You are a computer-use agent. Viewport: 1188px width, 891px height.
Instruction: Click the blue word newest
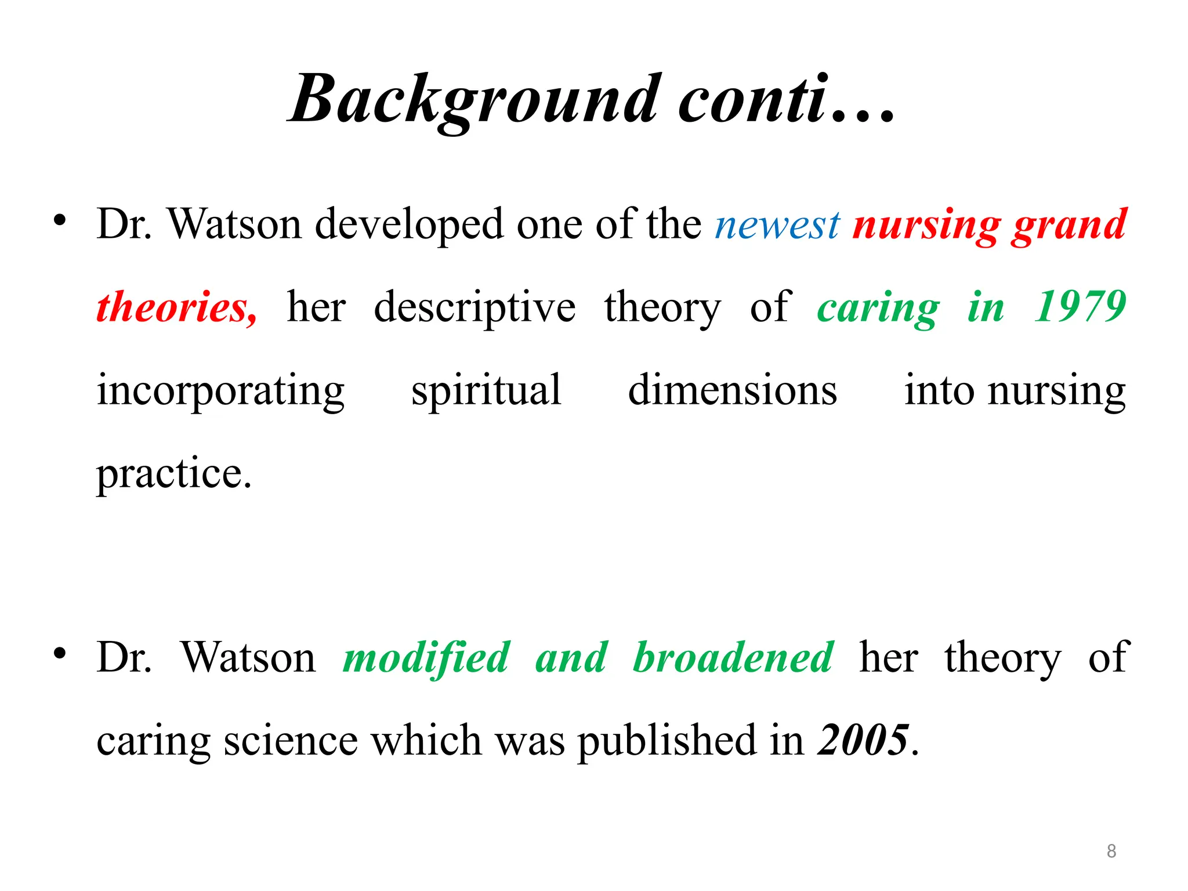pos(777,224)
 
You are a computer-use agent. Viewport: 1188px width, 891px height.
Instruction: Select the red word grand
pos(1069,224)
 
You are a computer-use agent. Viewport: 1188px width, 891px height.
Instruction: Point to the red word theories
pos(176,307)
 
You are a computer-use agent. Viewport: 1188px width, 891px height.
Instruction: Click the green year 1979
pos(1080,307)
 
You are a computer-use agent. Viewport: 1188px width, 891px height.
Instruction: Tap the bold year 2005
pos(863,740)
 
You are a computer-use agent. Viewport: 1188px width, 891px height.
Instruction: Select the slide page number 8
pos(1111,851)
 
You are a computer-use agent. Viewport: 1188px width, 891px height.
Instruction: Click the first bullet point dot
pos(59,220)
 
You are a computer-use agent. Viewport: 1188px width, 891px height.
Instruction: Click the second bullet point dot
pos(59,654)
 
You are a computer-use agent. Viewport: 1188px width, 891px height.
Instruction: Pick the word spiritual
pos(486,390)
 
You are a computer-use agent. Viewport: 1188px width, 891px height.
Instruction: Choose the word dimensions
pos(733,390)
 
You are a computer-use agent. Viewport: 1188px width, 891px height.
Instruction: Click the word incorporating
pos(220,390)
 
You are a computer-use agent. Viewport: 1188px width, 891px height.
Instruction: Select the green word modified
pos(426,658)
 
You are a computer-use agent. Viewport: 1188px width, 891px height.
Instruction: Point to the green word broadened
pos(733,658)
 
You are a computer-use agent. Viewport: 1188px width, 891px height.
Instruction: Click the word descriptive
pos(475,307)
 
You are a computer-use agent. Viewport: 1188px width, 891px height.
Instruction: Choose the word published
pos(668,741)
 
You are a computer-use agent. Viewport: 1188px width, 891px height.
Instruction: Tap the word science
pos(291,741)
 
